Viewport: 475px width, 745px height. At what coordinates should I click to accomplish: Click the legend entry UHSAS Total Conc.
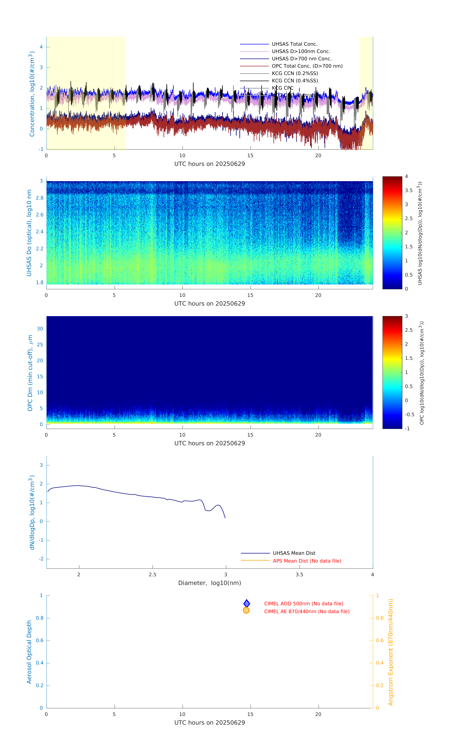tap(294, 44)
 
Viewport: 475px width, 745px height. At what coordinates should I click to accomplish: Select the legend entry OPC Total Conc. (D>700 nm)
tap(307, 66)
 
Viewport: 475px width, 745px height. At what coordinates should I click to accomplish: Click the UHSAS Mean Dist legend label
tap(294, 553)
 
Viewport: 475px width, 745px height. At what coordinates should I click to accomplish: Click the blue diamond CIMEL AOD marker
tap(247, 603)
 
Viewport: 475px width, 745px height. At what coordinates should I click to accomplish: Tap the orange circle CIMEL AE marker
tap(246, 610)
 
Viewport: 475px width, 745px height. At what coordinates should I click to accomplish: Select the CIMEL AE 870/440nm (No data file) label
tap(307, 611)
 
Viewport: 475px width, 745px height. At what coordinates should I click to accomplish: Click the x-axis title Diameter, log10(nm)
tap(209, 583)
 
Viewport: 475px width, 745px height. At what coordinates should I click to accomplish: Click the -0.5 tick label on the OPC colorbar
tap(409, 414)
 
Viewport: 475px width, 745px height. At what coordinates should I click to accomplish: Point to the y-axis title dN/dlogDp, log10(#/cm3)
tap(32, 512)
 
